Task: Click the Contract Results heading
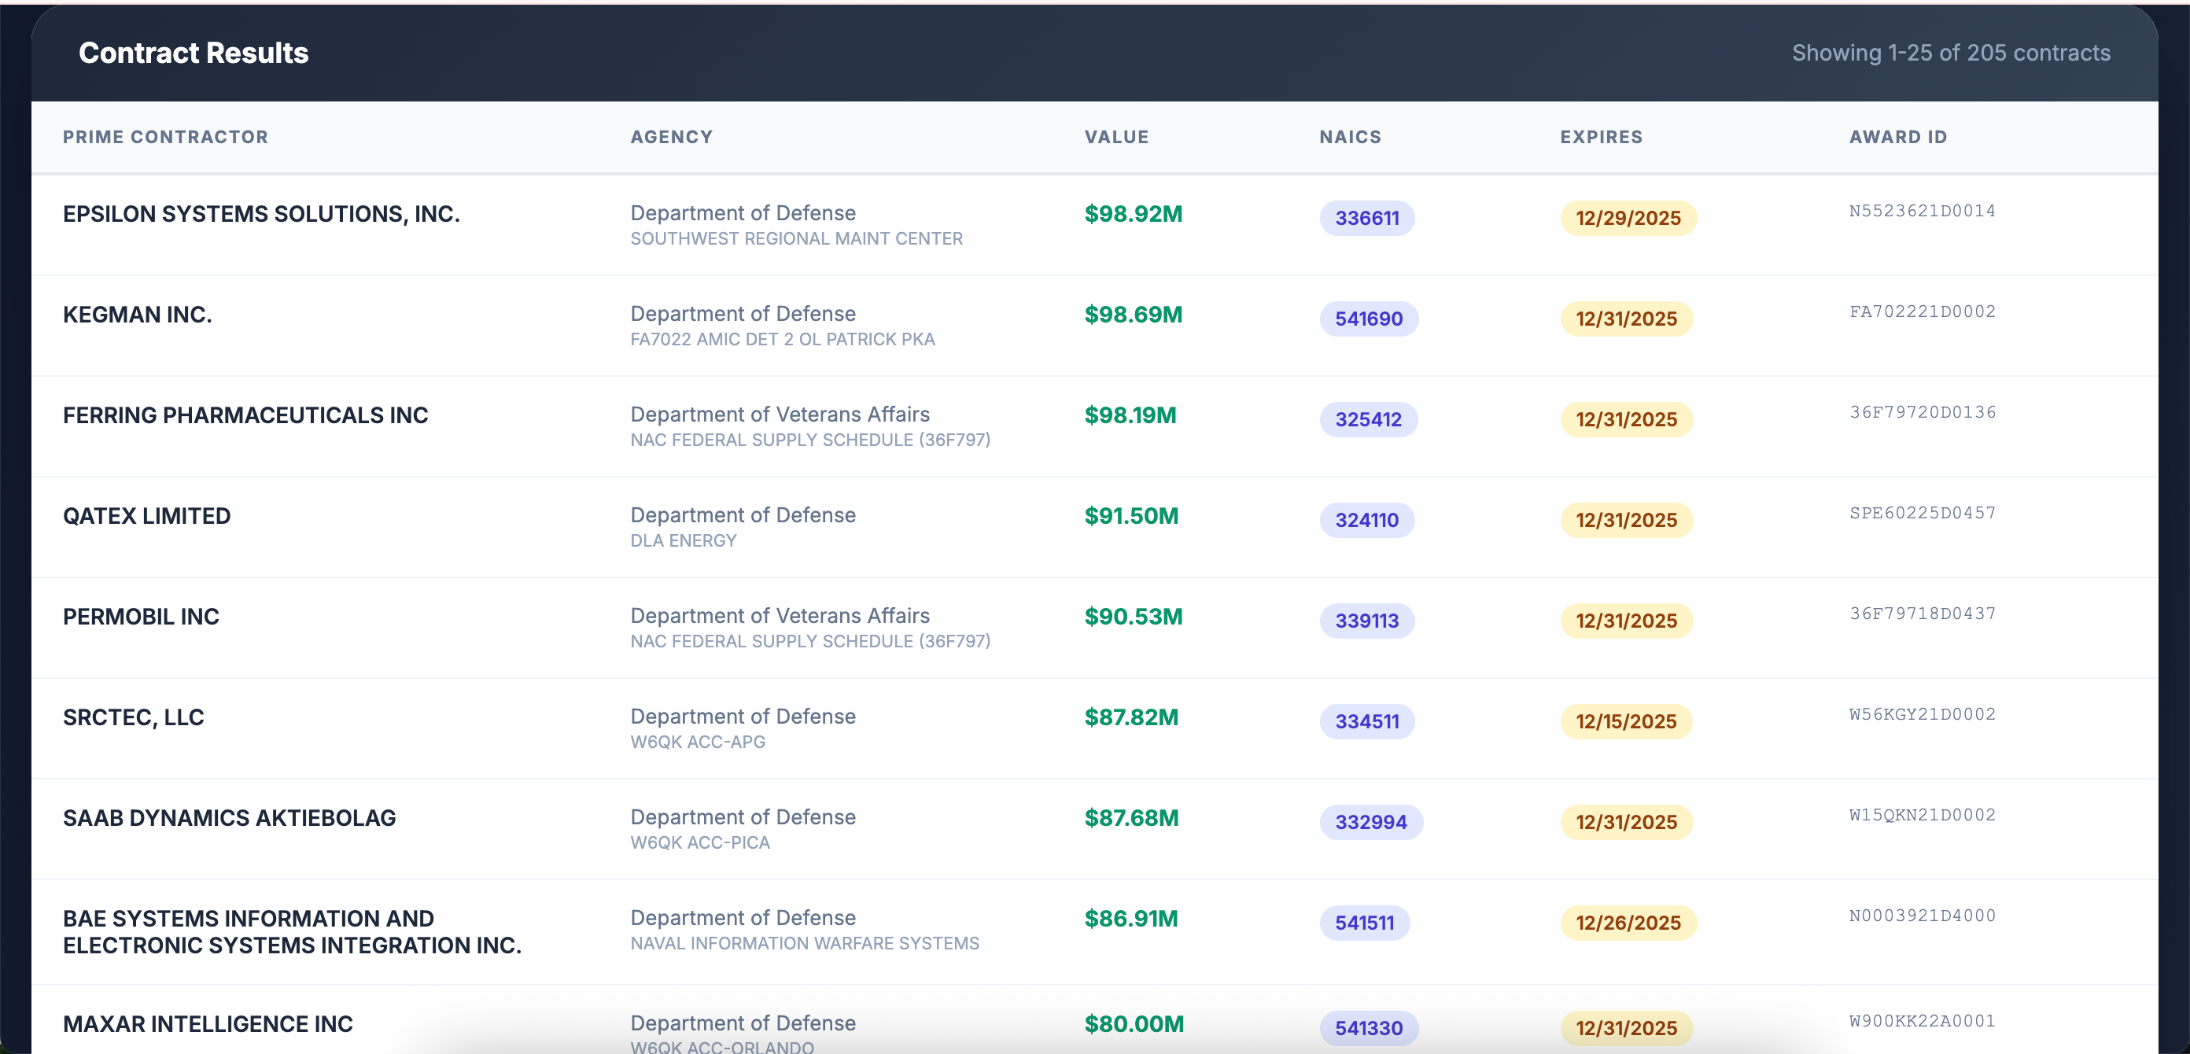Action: (193, 53)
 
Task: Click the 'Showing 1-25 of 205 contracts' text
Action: (1950, 53)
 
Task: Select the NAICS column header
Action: (1349, 137)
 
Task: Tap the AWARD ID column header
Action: (1897, 137)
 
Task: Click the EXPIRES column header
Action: (1601, 137)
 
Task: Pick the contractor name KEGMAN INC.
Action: (137, 315)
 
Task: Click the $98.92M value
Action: (1133, 214)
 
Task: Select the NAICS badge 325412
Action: (1367, 419)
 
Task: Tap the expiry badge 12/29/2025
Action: (1628, 219)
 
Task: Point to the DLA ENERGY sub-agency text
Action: (683, 540)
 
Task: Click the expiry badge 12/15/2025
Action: (1625, 721)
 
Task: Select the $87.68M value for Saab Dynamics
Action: (1130, 818)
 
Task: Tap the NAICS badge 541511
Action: (1364, 922)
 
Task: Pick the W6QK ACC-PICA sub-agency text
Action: (699, 842)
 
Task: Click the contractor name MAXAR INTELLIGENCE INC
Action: (208, 1023)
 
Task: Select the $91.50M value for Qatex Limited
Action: (1130, 516)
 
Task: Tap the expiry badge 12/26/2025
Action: (1628, 922)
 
